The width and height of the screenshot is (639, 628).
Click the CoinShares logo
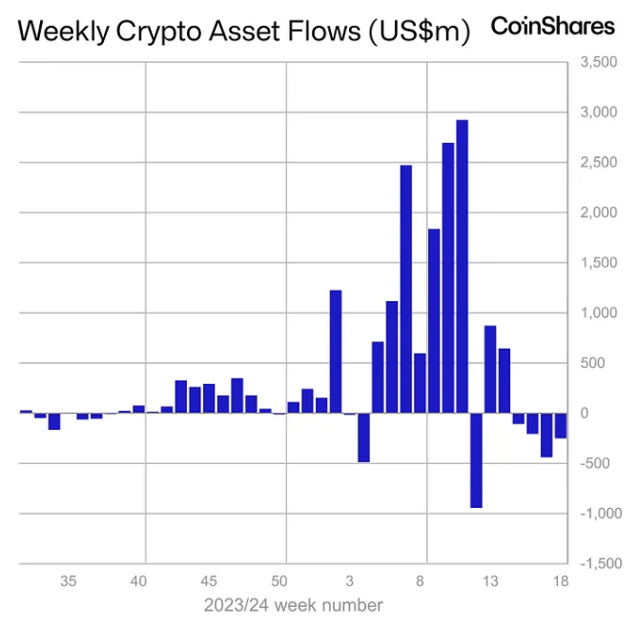(552, 27)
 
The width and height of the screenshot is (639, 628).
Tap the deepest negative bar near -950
(476, 460)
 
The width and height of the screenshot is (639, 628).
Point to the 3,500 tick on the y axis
(598, 63)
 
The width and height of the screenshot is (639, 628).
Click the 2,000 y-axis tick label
(598, 213)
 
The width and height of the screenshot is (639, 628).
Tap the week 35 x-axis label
(69, 580)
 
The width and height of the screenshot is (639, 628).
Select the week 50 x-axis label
(279, 580)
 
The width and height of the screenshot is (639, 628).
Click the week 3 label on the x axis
(350, 580)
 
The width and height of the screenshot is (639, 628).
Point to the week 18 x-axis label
(560, 580)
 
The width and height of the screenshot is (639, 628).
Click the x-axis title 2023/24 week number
(293, 605)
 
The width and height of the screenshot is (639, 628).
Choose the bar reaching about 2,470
(405, 289)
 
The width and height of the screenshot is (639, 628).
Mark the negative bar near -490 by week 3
(363, 437)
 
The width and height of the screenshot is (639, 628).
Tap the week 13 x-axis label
(490, 580)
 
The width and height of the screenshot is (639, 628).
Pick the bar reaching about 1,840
(434, 321)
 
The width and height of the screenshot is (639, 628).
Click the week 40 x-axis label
(138, 580)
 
